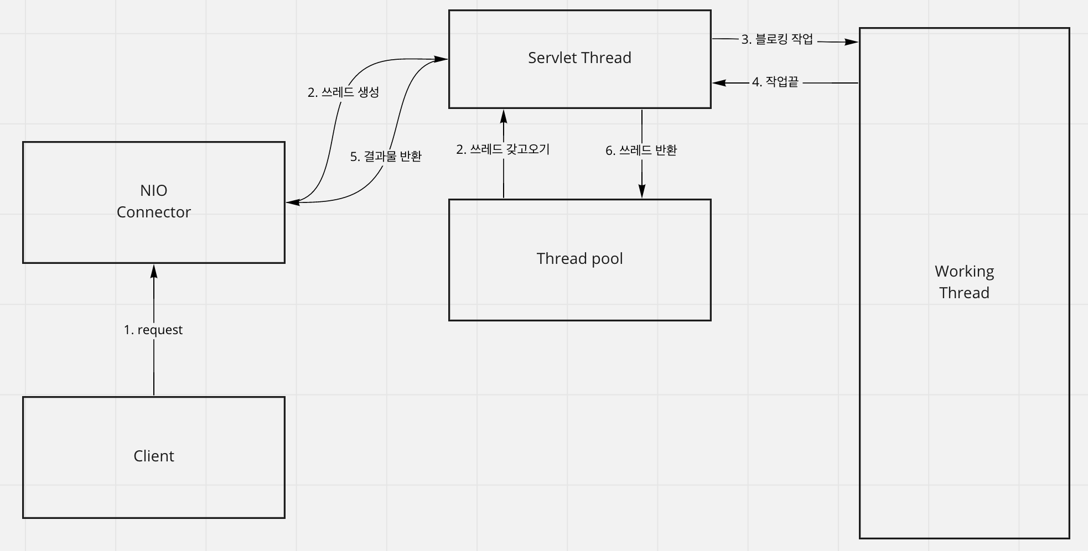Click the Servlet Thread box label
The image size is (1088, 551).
(579, 58)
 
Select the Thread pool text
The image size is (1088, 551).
(579, 258)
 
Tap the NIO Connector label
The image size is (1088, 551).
(153, 201)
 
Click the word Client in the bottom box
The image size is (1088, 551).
(153, 456)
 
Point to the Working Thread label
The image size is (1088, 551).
(964, 282)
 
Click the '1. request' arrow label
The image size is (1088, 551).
(153, 330)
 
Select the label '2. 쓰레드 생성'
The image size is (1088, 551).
(343, 92)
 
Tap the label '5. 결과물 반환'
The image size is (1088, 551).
(386, 157)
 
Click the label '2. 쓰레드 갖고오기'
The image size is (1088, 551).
(502, 149)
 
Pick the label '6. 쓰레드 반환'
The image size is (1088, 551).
(641, 150)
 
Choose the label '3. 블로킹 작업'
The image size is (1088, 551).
(777, 39)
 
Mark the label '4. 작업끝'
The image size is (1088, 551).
(775, 82)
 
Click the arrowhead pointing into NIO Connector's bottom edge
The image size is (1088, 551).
(154, 271)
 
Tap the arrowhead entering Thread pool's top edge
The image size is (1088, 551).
(642, 191)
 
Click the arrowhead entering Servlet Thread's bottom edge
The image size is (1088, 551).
(504, 116)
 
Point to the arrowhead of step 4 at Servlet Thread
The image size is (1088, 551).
(719, 83)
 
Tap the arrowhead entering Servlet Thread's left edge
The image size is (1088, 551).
(441, 59)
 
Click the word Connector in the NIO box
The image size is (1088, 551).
(153, 212)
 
